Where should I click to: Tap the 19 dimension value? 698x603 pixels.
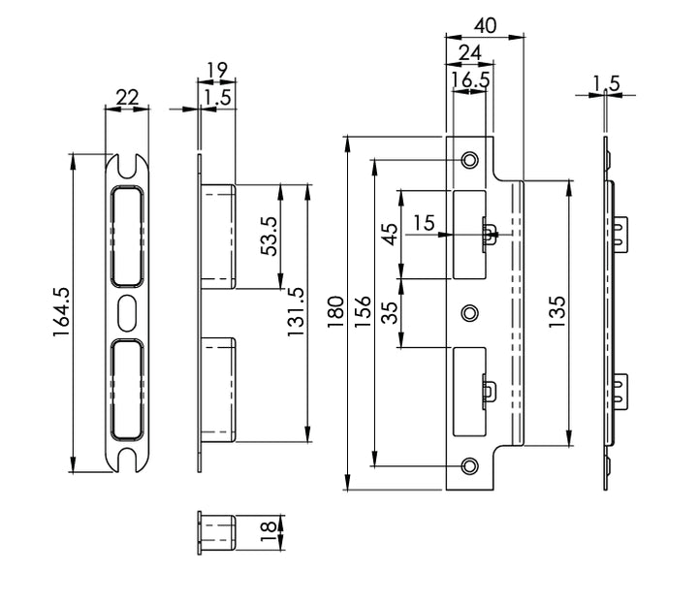216,70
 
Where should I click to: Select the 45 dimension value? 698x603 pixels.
389,236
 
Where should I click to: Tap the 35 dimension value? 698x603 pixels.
389,312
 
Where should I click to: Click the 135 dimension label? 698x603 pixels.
556,313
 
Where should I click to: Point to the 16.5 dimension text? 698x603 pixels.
470,80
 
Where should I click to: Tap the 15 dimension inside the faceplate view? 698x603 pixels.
424,222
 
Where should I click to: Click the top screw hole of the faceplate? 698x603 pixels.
470,159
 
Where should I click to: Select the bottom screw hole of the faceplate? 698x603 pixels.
470,466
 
